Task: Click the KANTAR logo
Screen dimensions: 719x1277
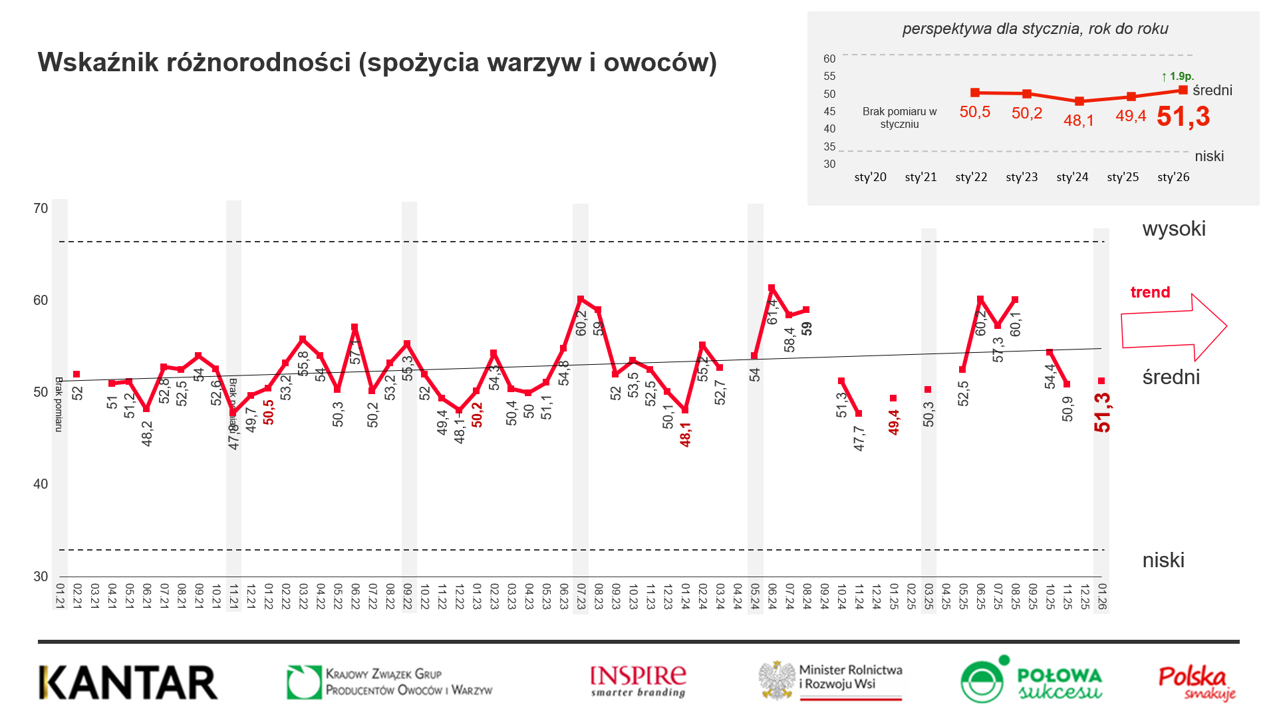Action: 128,682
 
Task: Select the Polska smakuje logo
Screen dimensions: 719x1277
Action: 1197,683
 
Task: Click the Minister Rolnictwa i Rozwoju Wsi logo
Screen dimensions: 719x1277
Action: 831,680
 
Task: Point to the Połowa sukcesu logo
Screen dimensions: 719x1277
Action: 1032,680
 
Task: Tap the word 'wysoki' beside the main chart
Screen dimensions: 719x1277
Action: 1174,229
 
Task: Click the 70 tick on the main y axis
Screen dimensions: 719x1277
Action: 41,208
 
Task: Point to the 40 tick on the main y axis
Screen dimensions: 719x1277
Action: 41,484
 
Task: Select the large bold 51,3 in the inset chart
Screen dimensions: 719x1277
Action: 1183,117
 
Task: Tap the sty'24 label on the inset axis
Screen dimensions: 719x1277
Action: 1072,177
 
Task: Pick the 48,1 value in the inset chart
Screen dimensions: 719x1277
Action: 1079,120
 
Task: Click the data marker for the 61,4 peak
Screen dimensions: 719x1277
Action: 772,288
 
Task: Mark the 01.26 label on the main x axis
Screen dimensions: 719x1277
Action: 1102,596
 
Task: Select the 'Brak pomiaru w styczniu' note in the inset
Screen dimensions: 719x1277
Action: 899,118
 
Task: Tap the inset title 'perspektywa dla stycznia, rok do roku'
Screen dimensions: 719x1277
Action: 1035,29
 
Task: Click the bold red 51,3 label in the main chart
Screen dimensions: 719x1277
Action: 1102,413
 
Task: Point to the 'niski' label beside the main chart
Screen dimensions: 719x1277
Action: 1163,561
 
